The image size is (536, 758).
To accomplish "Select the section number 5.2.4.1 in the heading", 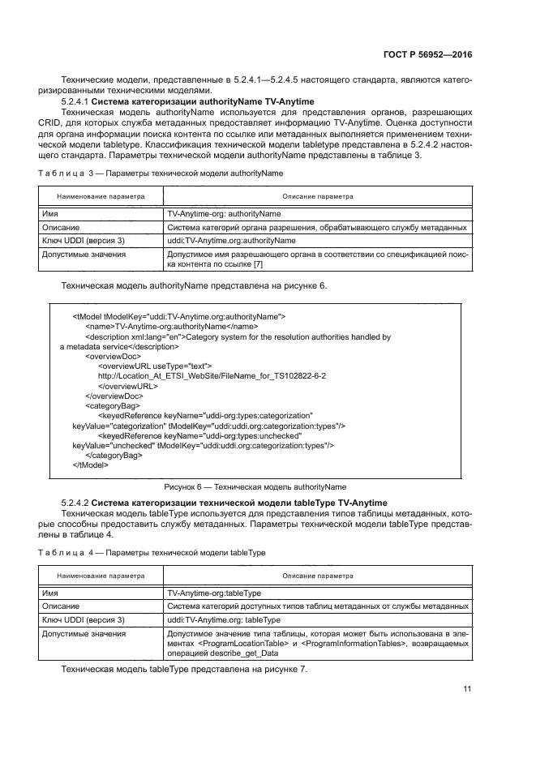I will (75, 101).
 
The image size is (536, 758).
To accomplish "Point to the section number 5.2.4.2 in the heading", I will (75, 503).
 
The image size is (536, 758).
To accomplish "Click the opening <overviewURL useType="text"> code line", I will (154, 366).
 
